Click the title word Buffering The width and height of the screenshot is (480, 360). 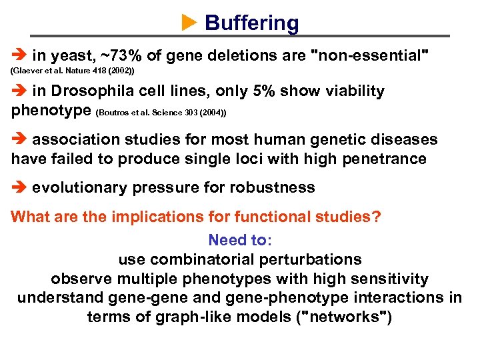(x=252, y=23)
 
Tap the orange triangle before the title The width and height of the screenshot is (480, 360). (x=189, y=23)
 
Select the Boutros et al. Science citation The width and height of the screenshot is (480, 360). (x=162, y=113)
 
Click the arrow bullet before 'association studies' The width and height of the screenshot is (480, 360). (x=19, y=140)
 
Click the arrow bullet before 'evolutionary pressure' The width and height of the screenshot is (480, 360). (x=19, y=188)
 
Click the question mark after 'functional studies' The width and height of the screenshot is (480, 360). (x=377, y=217)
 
